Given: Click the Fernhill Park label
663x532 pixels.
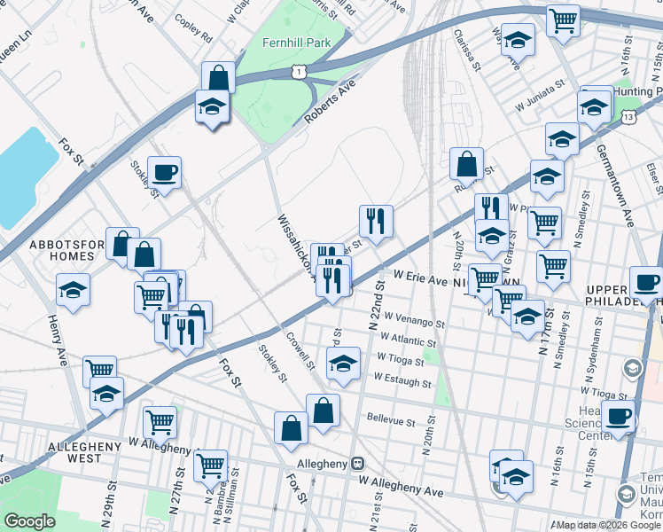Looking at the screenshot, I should (295, 42).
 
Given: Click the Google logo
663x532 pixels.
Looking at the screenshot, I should (29, 521).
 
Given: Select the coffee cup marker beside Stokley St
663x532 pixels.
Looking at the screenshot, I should (163, 173).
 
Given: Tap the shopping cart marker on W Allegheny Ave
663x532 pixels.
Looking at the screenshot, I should (211, 464).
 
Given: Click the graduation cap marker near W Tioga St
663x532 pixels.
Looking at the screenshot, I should (343, 363).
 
